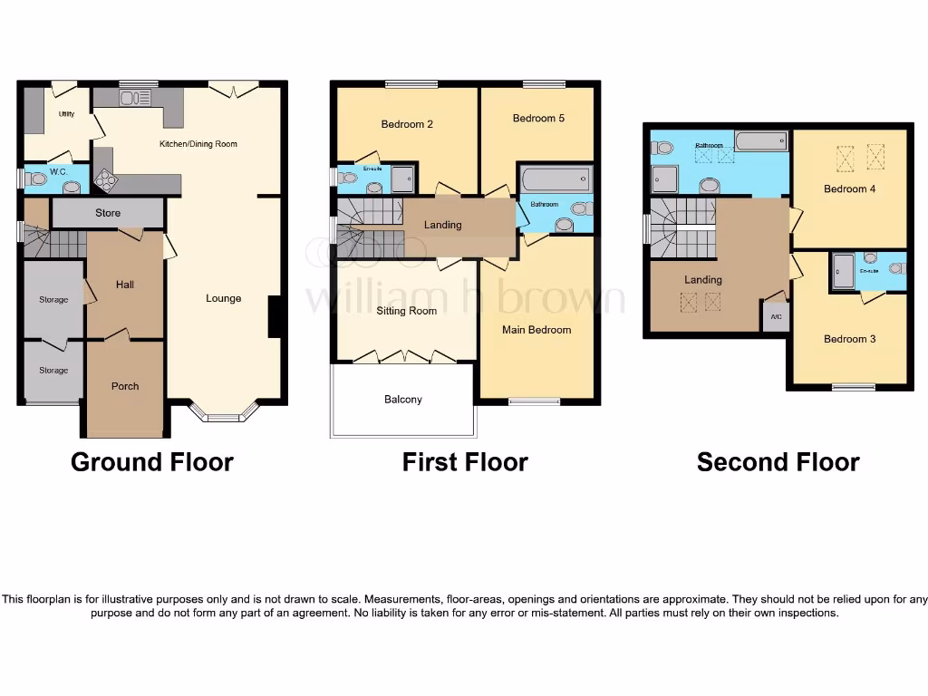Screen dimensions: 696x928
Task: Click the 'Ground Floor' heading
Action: tap(151, 462)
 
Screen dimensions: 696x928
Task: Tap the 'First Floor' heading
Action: tap(465, 462)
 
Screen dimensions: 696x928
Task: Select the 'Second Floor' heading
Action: tap(778, 462)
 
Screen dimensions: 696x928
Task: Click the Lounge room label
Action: tap(223, 298)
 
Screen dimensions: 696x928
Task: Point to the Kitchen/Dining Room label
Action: tap(198, 144)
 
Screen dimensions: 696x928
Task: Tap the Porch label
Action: tap(125, 386)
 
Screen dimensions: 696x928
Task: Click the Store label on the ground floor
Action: tap(108, 213)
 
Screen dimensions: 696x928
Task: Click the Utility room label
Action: tap(66, 114)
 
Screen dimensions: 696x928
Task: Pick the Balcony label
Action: tap(402, 400)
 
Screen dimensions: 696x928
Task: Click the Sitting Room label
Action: tap(407, 311)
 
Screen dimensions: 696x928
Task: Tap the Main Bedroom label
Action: tap(536, 330)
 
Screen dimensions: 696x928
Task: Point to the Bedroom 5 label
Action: tap(538, 118)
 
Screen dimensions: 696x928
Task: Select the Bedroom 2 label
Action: tap(407, 124)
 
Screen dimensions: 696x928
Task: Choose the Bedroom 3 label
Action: tap(849, 339)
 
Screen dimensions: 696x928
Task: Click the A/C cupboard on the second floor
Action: tap(776, 317)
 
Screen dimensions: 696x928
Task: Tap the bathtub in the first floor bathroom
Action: tap(556, 179)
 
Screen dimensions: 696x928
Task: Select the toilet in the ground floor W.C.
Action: tap(36, 179)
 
